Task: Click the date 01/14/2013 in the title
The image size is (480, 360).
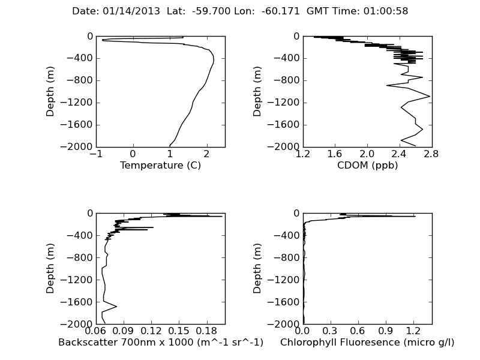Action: point(123,11)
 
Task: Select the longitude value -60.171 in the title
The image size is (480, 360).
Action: point(281,11)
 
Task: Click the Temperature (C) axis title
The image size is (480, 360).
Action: point(160,166)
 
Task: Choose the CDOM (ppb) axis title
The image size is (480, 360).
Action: point(367,166)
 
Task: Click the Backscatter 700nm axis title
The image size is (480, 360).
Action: point(160,343)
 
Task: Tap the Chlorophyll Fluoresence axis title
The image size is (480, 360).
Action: point(367,343)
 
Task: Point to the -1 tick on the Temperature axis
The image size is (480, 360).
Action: point(96,153)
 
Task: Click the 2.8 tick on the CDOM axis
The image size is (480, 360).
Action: point(431,153)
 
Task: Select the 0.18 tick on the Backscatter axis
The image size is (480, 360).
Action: point(206,330)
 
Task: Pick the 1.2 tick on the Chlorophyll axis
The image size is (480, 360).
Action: point(413,330)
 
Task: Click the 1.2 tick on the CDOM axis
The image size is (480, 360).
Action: point(303,153)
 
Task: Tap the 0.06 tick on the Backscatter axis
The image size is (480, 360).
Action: point(96,330)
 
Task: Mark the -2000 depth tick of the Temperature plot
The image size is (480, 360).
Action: point(80,147)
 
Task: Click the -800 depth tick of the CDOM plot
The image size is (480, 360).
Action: point(290,80)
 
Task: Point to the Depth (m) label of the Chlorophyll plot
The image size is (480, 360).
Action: point(258,268)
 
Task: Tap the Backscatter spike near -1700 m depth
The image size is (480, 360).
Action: point(116,307)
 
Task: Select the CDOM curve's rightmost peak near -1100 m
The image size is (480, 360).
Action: point(430,96)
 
